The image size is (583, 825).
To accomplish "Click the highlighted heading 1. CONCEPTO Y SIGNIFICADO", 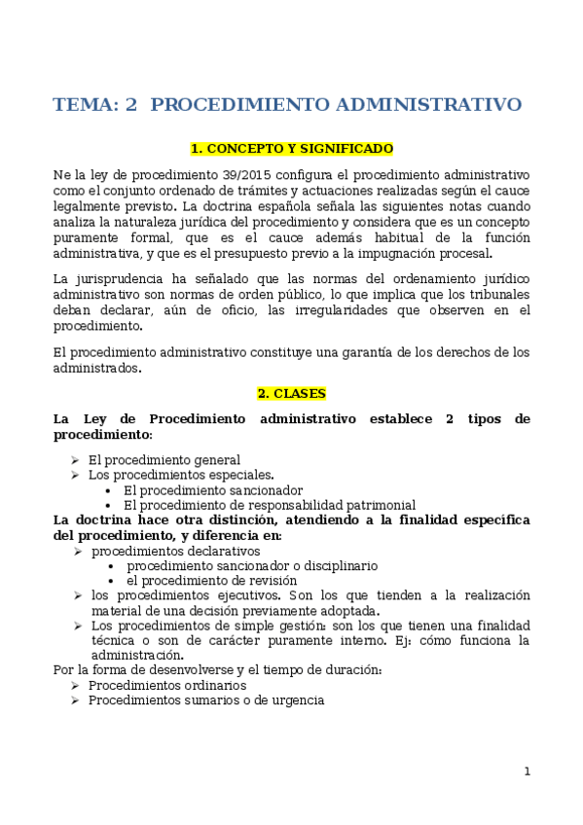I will [x=291, y=149].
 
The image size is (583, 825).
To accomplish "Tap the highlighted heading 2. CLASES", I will [x=291, y=394].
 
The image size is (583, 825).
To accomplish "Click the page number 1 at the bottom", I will [x=527, y=771].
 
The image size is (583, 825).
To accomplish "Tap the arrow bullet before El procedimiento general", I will [x=76, y=460].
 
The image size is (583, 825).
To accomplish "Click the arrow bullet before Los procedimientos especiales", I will [x=76, y=475].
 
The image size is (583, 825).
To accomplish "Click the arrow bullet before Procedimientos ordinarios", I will [x=76, y=686].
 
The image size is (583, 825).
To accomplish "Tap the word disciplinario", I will [x=337, y=565].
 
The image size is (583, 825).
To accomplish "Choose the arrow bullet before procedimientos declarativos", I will [x=78, y=551].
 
